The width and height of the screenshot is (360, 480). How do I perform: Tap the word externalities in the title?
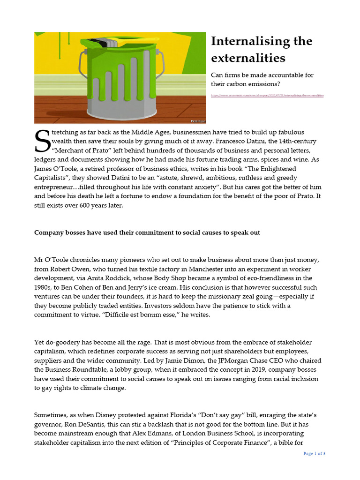tap(248, 58)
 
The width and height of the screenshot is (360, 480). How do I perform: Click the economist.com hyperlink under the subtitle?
tap(267, 95)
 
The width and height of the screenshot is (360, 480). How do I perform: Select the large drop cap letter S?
tap(42, 142)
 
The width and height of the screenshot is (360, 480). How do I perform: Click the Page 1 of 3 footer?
tap(314, 453)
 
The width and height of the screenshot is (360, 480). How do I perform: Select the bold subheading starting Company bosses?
tap(147, 232)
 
